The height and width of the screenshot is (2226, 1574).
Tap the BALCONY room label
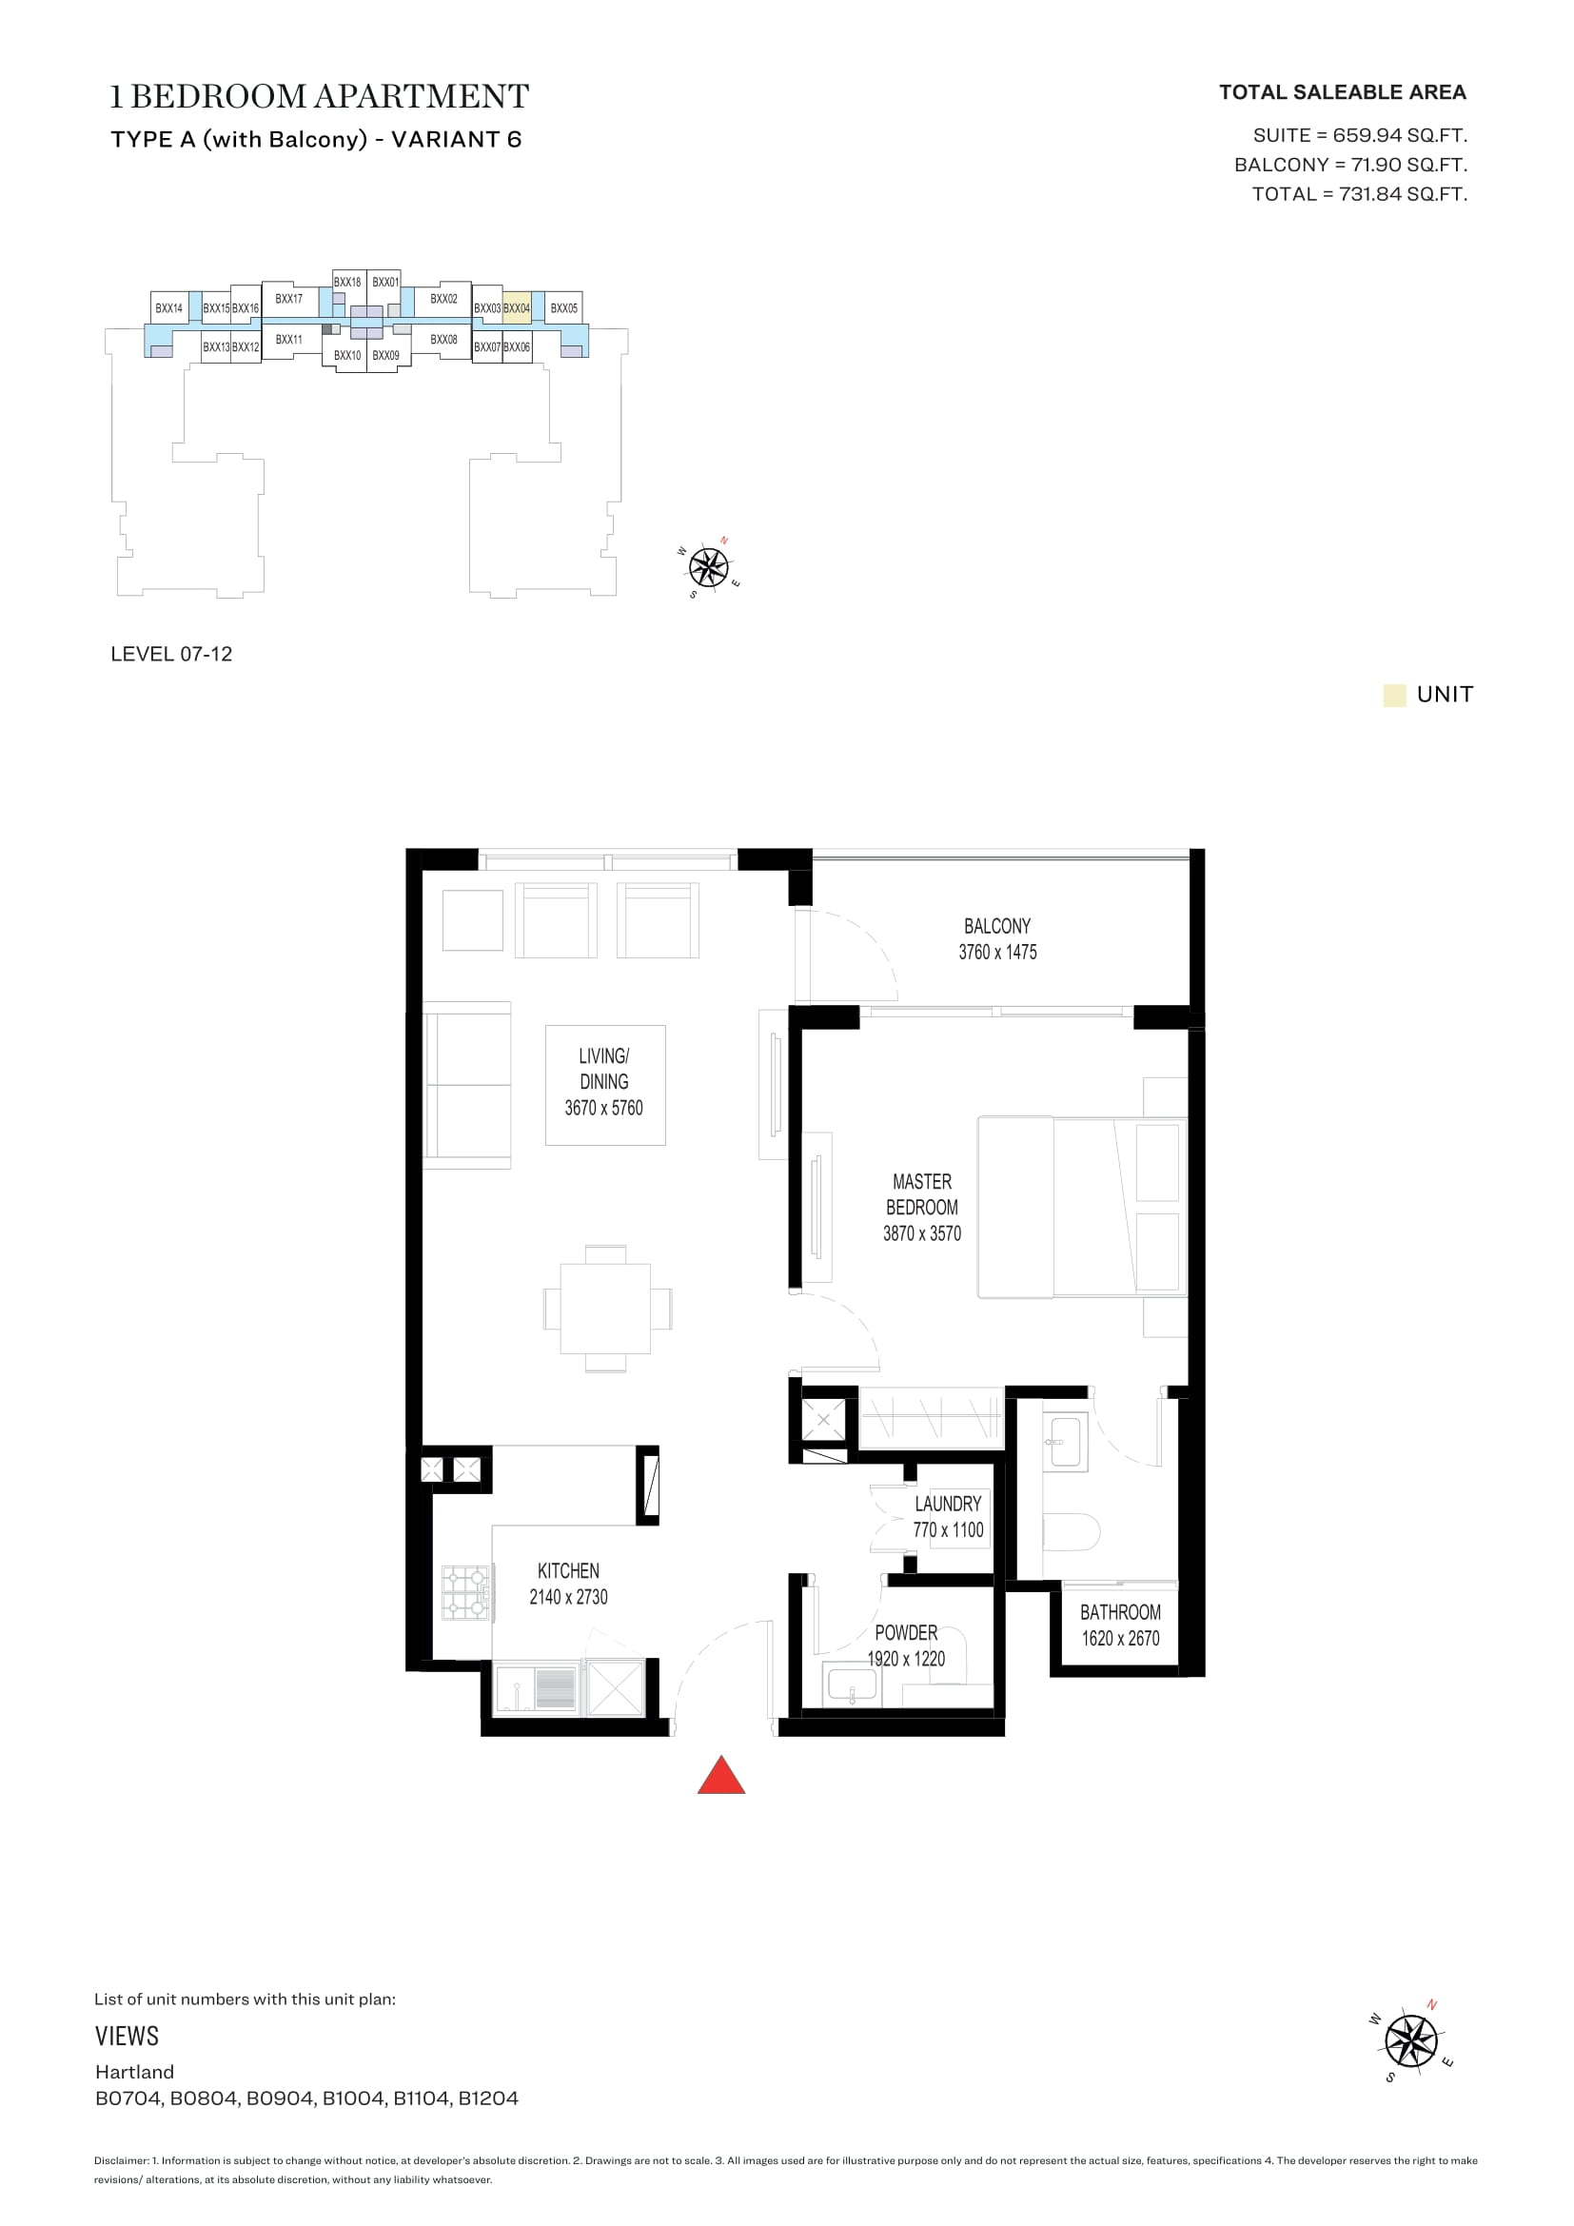(x=997, y=926)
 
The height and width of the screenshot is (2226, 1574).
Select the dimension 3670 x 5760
(x=604, y=1107)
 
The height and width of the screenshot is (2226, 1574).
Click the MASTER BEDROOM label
(x=922, y=1194)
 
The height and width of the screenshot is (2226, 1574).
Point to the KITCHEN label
(x=568, y=1570)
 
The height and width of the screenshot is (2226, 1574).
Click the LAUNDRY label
(x=948, y=1504)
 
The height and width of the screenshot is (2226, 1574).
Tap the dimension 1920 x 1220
(x=906, y=1659)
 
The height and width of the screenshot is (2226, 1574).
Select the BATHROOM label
(x=1120, y=1612)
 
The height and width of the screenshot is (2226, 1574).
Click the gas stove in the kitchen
(x=466, y=1593)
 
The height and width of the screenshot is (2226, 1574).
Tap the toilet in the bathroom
(x=1071, y=1533)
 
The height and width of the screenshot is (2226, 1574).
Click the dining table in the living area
(x=606, y=1309)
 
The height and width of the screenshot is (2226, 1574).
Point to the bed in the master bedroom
(x=1082, y=1207)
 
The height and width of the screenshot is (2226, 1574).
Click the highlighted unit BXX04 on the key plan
(x=517, y=306)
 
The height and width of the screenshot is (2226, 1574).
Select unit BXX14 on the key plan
(x=169, y=307)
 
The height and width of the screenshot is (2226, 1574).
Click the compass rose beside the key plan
(x=709, y=567)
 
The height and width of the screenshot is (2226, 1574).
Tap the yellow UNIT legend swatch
(x=1395, y=695)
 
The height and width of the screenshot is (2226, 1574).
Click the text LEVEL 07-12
(x=171, y=655)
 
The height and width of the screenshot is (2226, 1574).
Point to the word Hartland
(x=135, y=2072)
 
